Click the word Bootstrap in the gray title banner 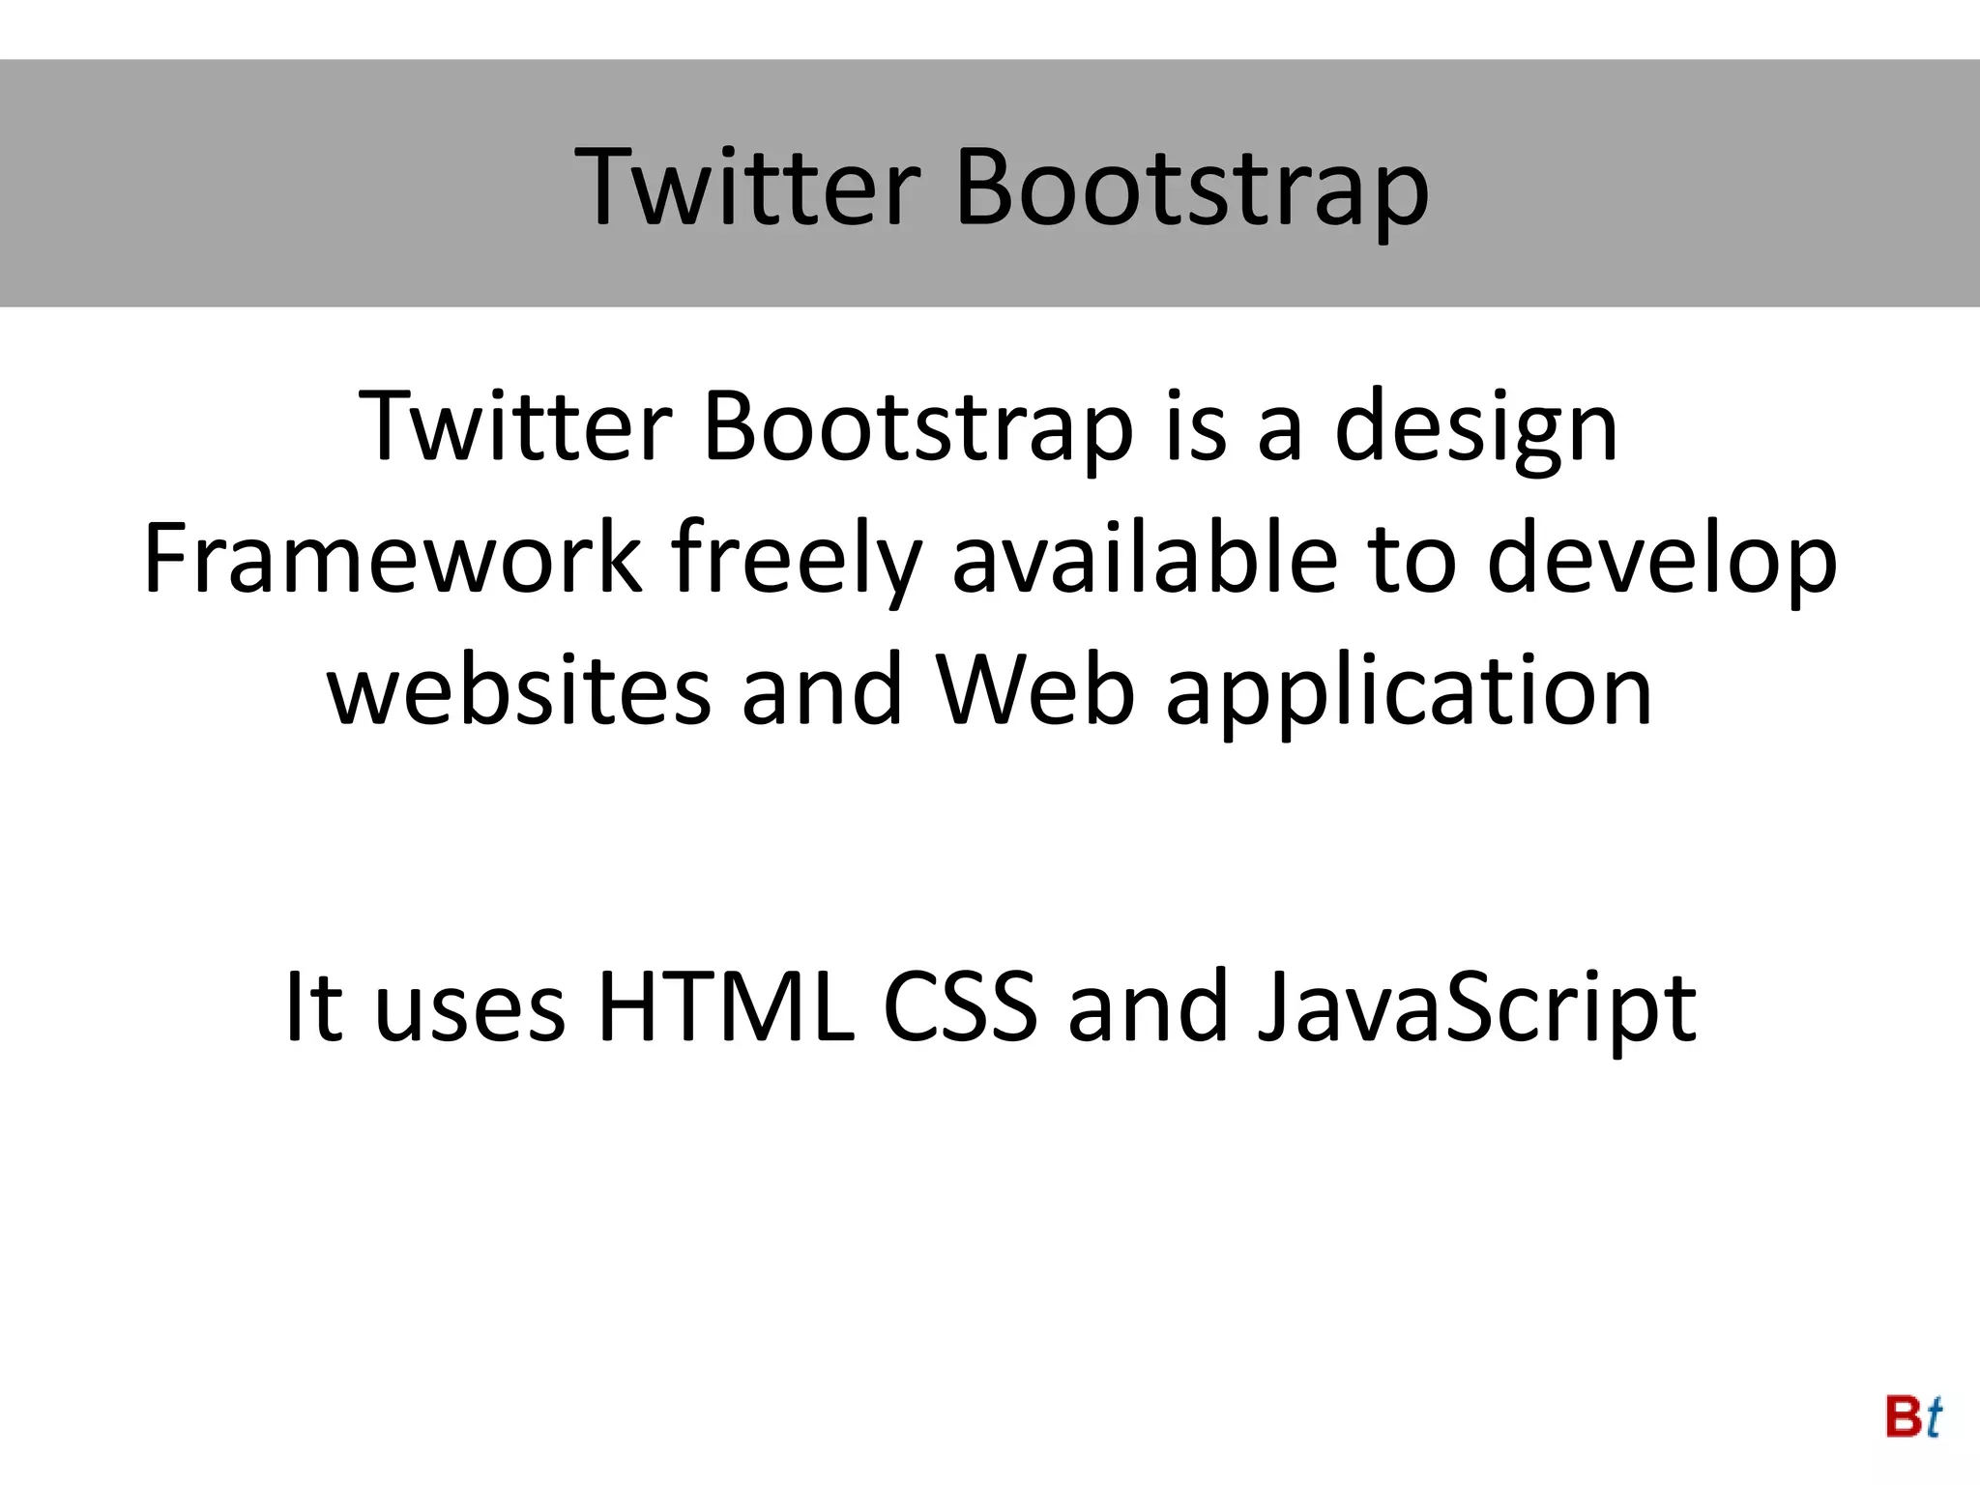point(1191,189)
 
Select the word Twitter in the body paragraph point(515,425)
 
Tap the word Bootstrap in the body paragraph point(917,428)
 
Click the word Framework point(393,558)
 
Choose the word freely point(796,562)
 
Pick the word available point(1145,558)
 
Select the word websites point(519,690)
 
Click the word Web point(1034,688)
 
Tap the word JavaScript point(1476,1009)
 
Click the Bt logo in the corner point(1913,1417)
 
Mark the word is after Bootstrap point(1196,426)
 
